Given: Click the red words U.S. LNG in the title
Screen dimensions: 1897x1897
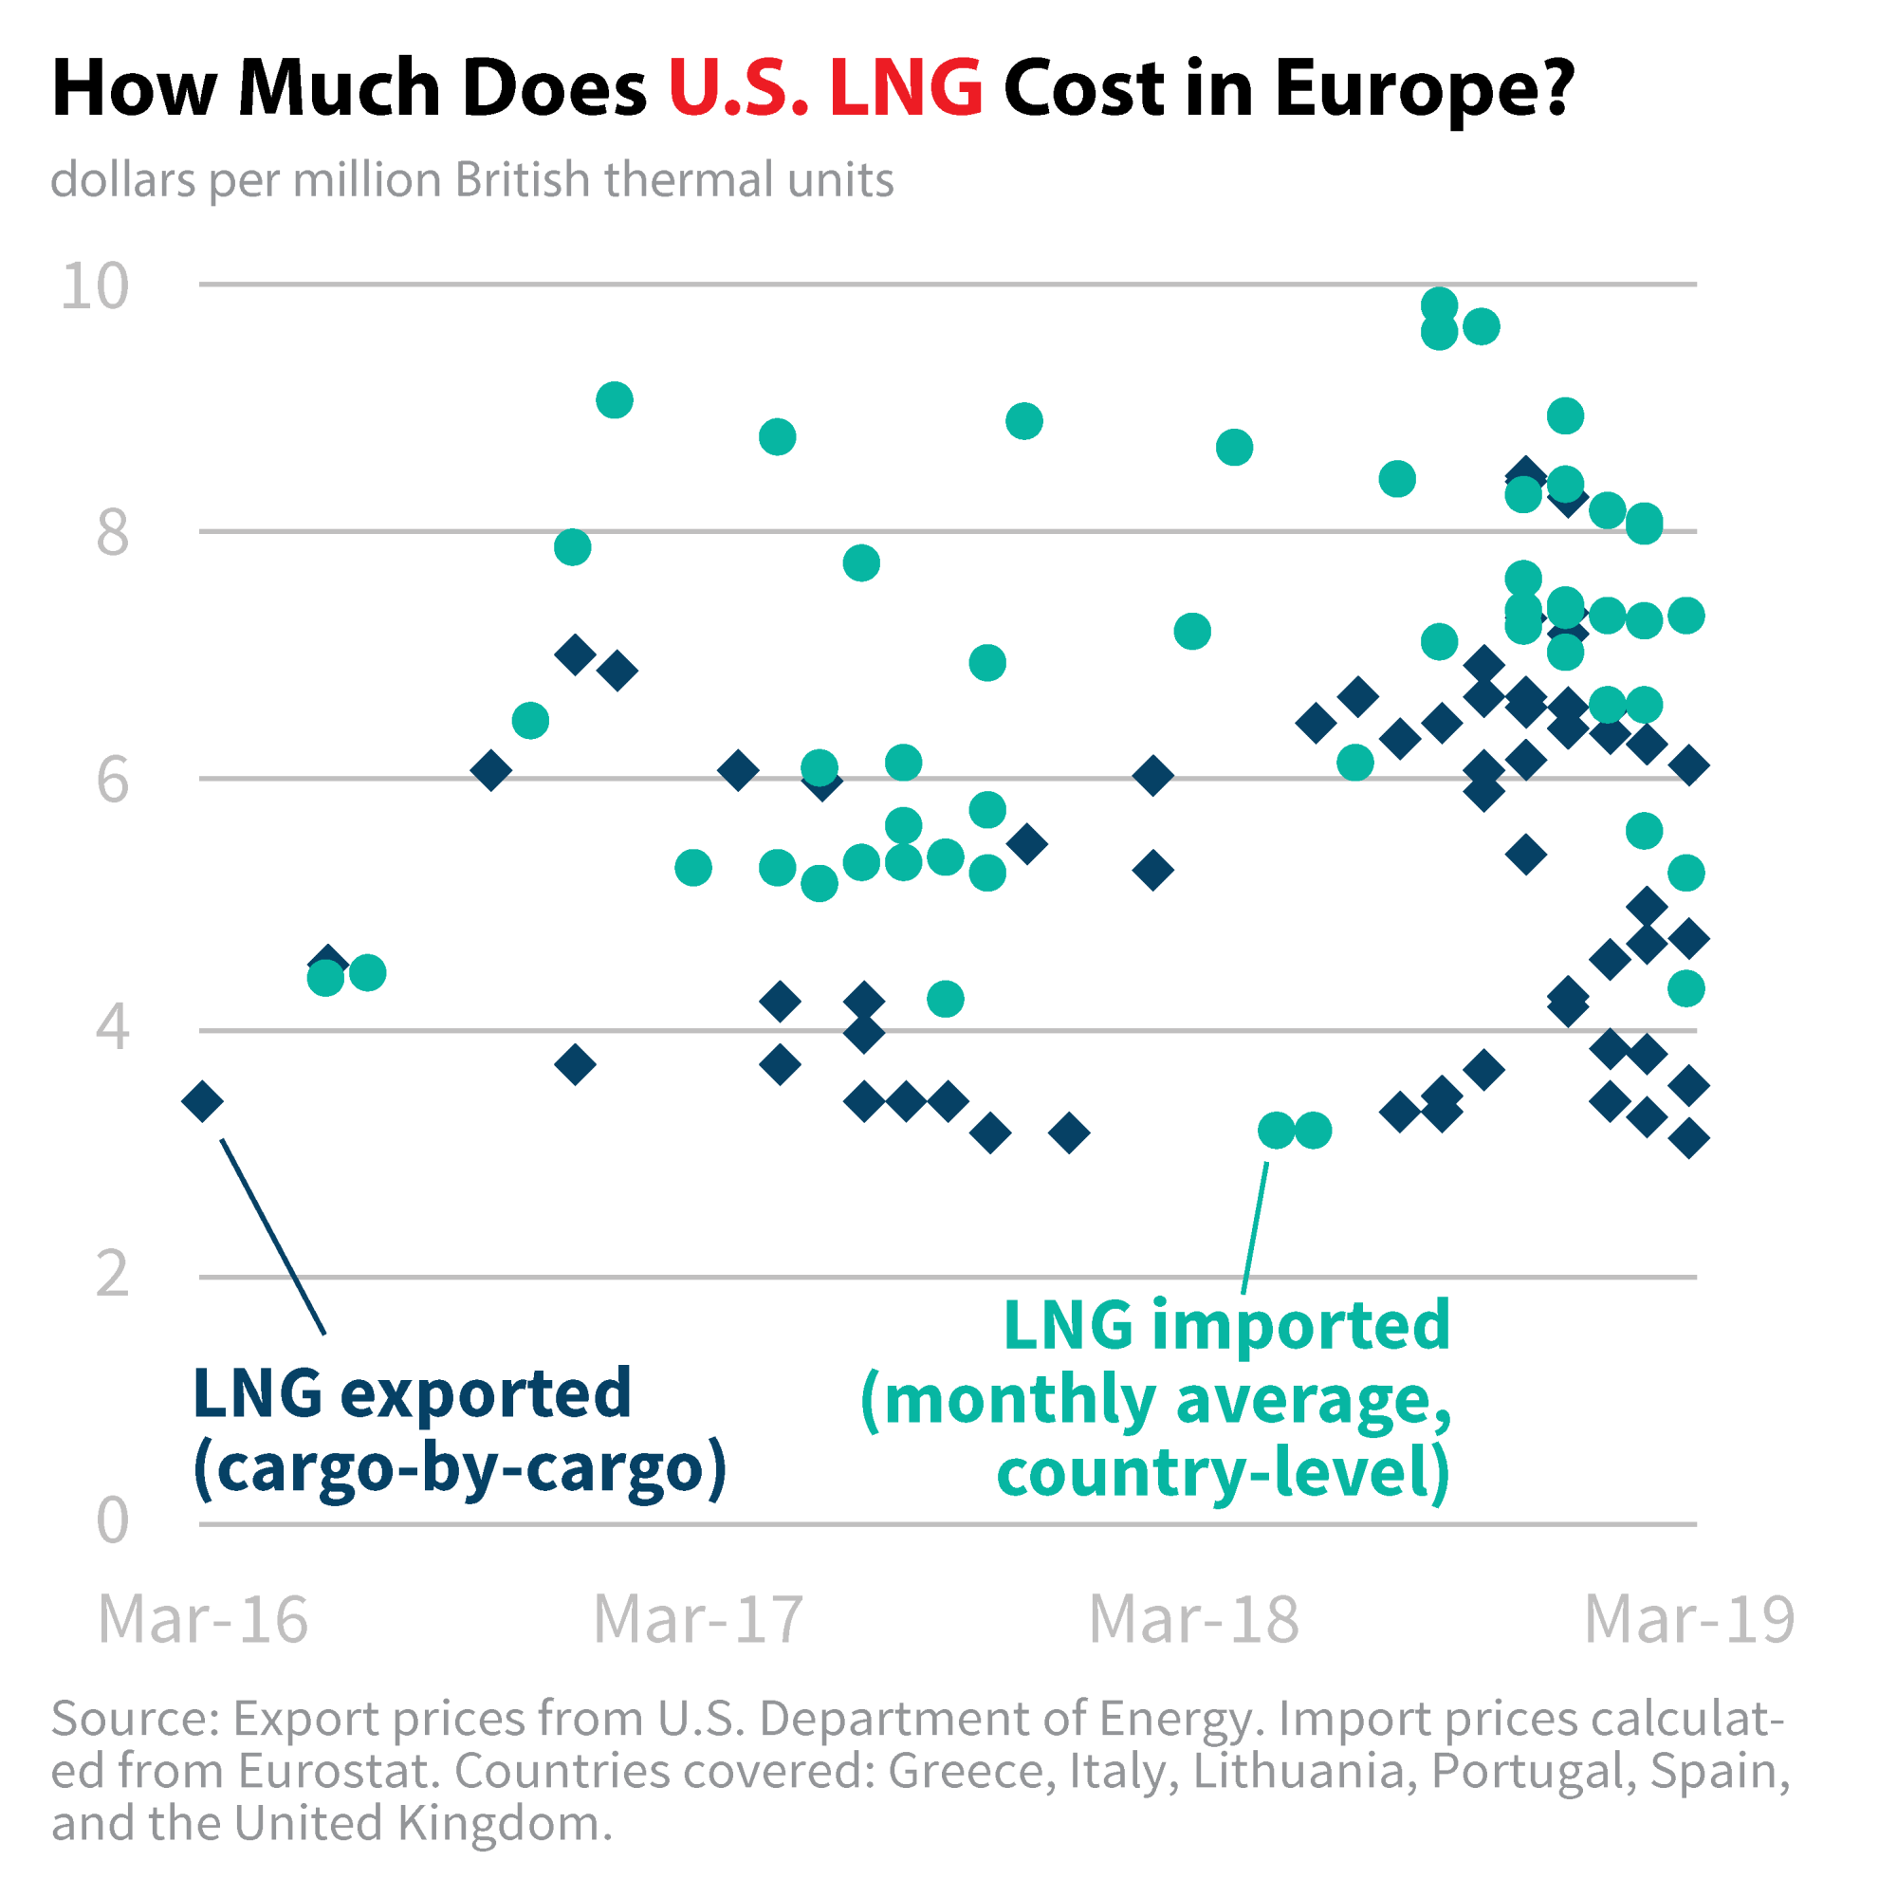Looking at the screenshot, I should point(825,88).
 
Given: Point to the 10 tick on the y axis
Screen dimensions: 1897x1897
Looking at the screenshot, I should point(94,286).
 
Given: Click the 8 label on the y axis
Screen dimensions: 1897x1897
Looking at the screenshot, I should point(112,533).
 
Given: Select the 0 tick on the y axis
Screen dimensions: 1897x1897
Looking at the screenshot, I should point(112,1521).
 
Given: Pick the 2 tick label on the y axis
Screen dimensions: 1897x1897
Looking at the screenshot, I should point(112,1275).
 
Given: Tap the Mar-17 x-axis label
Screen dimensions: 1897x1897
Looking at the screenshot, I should point(698,1619).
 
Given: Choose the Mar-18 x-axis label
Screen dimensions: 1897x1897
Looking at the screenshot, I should point(1194,1619).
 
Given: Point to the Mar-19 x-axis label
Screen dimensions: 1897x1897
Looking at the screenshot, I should point(1689,1619).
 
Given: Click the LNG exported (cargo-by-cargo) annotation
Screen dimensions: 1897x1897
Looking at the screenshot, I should point(459,1430).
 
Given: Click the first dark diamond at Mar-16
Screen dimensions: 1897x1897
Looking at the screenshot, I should point(203,1101).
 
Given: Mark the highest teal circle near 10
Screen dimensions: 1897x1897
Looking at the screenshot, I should point(1439,305).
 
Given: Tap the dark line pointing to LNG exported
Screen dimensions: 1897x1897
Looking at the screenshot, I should point(273,1236).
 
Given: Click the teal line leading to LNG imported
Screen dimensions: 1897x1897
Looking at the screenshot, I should point(1255,1227).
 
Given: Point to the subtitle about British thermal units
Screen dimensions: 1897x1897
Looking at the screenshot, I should point(472,180).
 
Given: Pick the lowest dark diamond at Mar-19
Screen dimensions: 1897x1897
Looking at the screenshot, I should point(1689,1139).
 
